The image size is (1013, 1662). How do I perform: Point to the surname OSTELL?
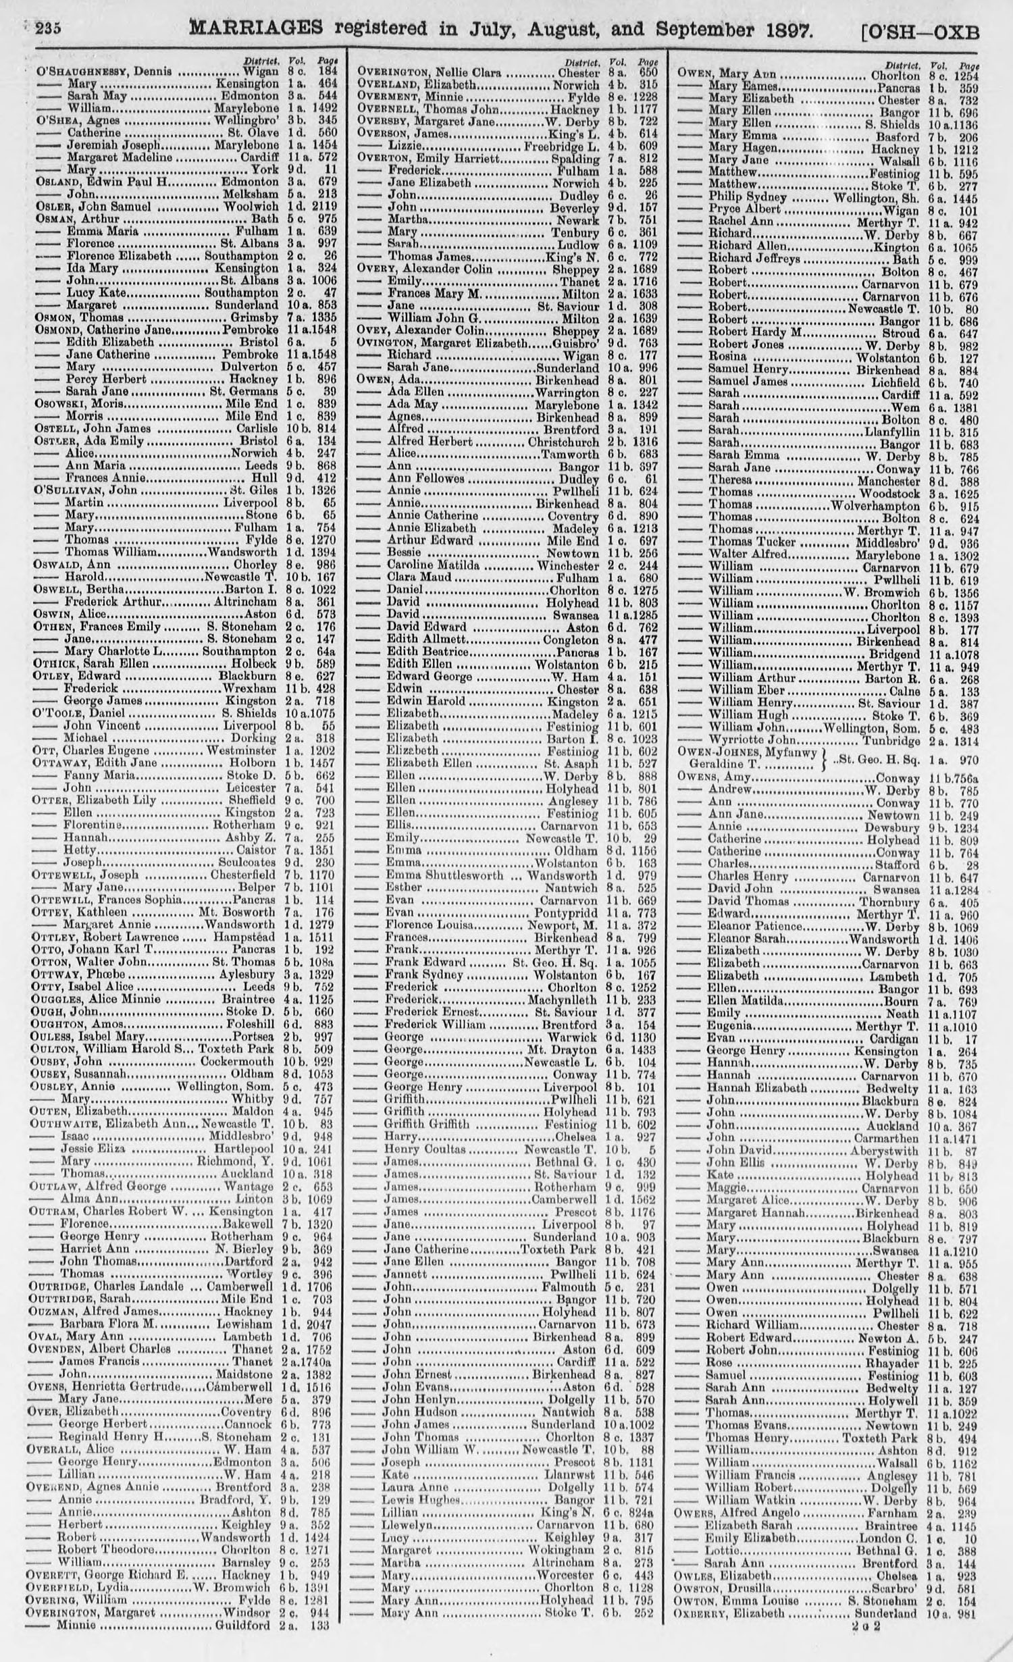pos(55,428)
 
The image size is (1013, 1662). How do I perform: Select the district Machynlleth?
pos(565,999)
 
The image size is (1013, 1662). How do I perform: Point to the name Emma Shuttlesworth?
pos(444,875)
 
